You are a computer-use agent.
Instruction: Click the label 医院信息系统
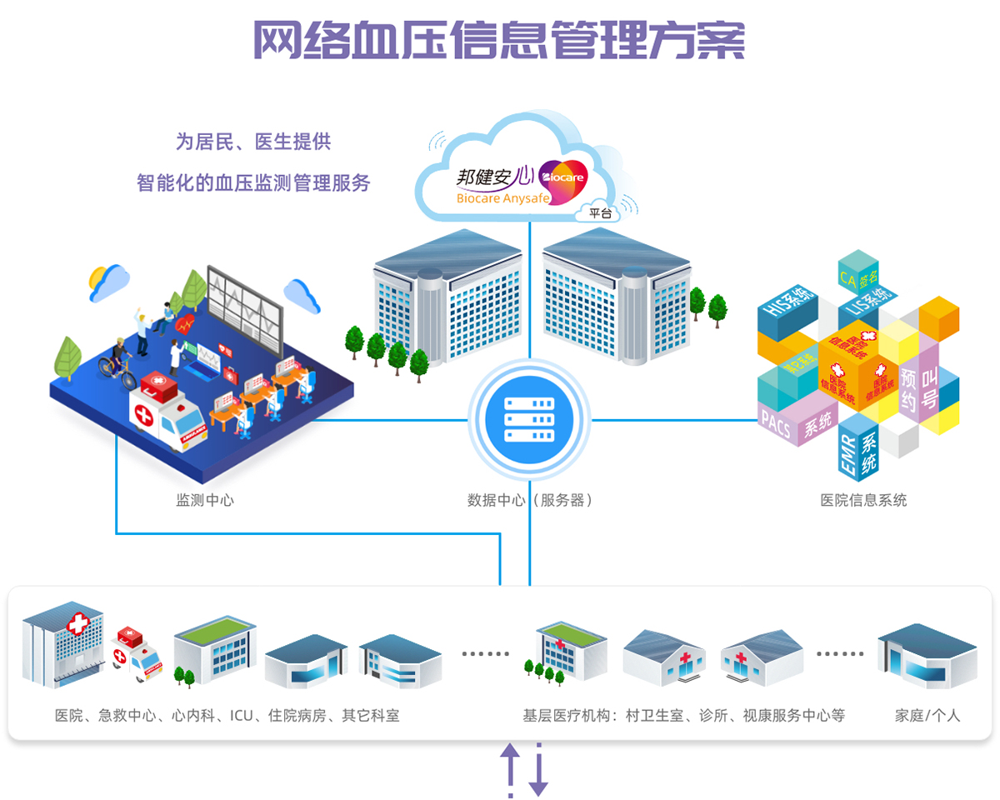[x=863, y=501]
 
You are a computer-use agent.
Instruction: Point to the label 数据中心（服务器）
[x=530, y=501]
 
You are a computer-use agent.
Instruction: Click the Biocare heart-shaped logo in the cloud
[x=563, y=176]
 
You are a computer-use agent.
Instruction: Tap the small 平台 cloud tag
[x=600, y=213]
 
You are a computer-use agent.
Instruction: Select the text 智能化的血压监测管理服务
[x=253, y=183]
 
